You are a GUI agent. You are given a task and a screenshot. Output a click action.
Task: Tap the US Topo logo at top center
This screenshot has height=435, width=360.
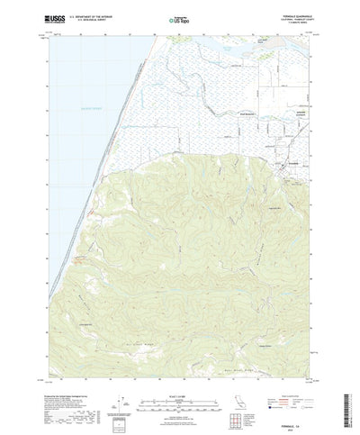coord(180,17)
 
